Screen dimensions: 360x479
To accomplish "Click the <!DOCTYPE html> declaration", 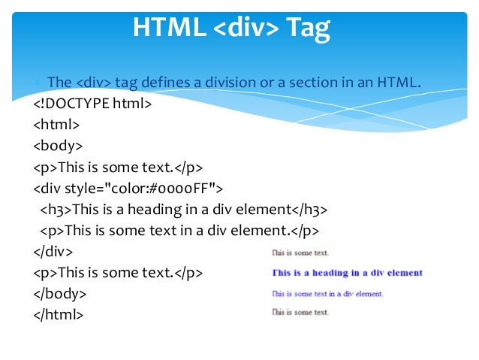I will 92,103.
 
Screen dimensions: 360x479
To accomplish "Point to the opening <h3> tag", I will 56,209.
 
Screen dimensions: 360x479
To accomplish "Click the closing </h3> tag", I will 309,209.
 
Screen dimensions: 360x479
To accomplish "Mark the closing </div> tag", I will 53,251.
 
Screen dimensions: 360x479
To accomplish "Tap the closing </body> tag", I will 60,293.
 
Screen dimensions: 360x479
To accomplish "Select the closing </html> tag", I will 59,314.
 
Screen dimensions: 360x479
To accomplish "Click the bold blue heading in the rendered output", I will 347,273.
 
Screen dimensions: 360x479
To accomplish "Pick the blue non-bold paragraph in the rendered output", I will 327,293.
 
